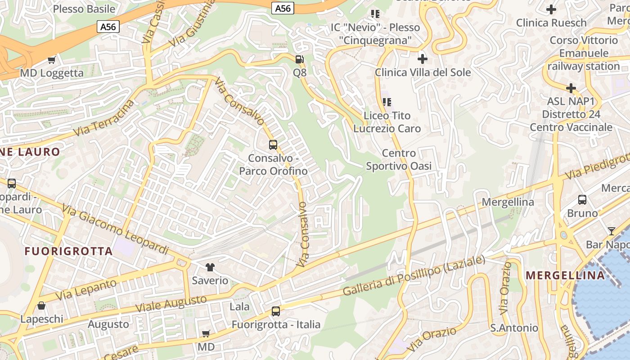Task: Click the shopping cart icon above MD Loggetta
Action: pos(52,60)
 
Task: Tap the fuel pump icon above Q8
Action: pos(299,59)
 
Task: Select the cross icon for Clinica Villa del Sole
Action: pos(422,58)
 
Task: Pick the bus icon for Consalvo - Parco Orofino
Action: pos(273,144)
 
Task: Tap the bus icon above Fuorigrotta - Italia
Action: pos(276,311)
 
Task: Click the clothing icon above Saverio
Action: pos(210,267)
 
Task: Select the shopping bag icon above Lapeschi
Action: pos(41,306)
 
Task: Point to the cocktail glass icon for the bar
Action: pos(611,231)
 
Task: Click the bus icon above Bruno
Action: pos(582,200)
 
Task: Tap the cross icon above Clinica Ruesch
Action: pos(551,9)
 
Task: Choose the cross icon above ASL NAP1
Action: pos(571,88)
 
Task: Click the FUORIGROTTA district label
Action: pos(68,251)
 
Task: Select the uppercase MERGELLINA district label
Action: pos(565,275)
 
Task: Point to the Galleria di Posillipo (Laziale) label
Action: pos(414,275)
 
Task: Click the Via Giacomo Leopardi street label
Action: pos(115,229)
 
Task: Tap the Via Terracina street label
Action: pos(104,118)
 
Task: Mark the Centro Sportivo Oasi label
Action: pos(399,160)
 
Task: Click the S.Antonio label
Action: pos(514,328)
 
